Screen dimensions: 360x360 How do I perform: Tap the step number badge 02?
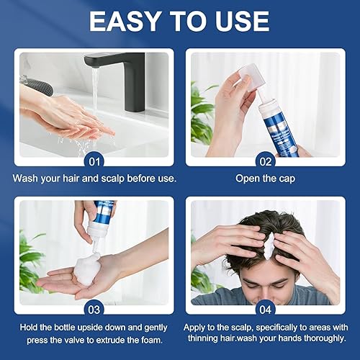(x=266, y=159)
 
